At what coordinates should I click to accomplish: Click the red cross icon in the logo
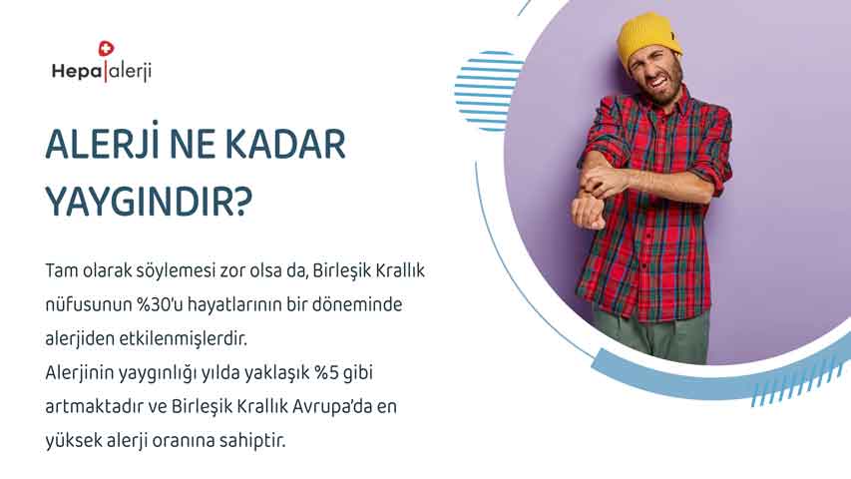(107, 48)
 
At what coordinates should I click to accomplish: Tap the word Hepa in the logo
(77, 71)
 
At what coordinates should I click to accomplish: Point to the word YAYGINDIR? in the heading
(149, 201)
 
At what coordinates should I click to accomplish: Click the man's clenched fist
(589, 212)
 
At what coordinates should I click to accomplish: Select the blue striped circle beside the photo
(488, 90)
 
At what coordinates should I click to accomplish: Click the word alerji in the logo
(128, 72)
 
